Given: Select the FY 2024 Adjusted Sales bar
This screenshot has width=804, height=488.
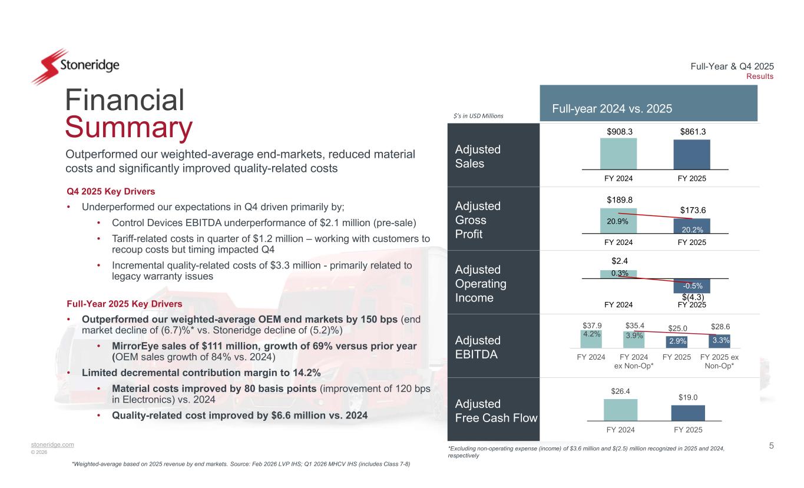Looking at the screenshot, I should (x=618, y=154).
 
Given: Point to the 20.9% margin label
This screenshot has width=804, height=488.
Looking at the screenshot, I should (x=618, y=221).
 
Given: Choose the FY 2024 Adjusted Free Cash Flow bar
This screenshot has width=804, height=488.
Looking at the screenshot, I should (x=620, y=410).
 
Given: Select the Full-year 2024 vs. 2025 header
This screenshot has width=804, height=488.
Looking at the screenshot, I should (x=611, y=109).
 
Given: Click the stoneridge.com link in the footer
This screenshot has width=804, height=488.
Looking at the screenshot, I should (x=52, y=444).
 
